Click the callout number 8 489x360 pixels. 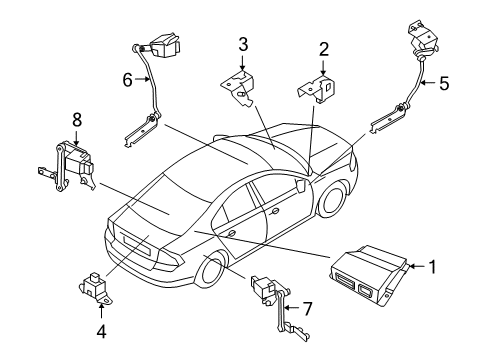[x=76, y=120]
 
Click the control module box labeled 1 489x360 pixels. [x=365, y=275]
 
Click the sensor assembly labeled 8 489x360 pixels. [x=70, y=162]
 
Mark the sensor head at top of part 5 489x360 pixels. [x=421, y=38]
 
